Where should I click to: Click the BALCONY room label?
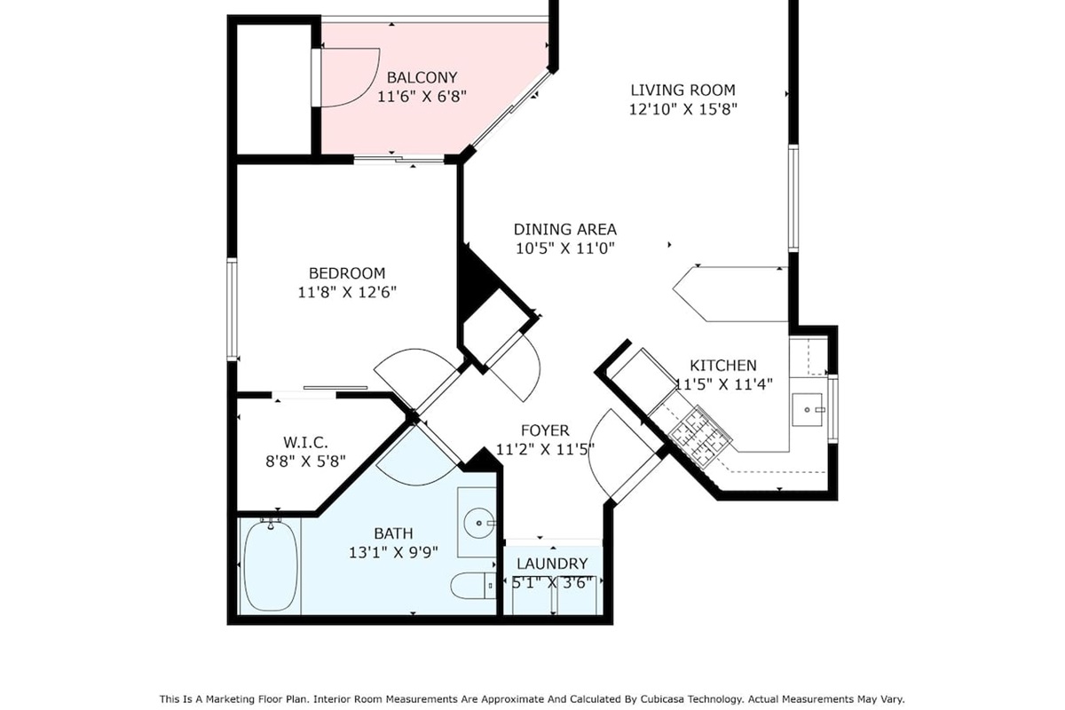coord(422,77)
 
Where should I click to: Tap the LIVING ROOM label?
coord(682,90)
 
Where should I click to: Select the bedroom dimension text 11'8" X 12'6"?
coord(347,292)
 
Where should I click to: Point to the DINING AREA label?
coord(564,229)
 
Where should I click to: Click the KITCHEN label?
coord(723,366)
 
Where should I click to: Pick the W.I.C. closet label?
coord(305,443)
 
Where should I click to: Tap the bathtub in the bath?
coord(271,566)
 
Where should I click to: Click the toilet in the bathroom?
coord(472,586)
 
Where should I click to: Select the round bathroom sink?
coord(478,523)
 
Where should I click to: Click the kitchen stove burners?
coord(700,435)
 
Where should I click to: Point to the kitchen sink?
coord(808,409)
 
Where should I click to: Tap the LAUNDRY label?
coord(552,564)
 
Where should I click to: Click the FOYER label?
coord(545,430)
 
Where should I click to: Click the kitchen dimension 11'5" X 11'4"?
coord(723,384)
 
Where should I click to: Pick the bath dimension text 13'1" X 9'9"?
coord(393,552)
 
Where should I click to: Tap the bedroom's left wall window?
coord(232,309)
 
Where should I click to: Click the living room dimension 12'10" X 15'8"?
coord(683,109)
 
